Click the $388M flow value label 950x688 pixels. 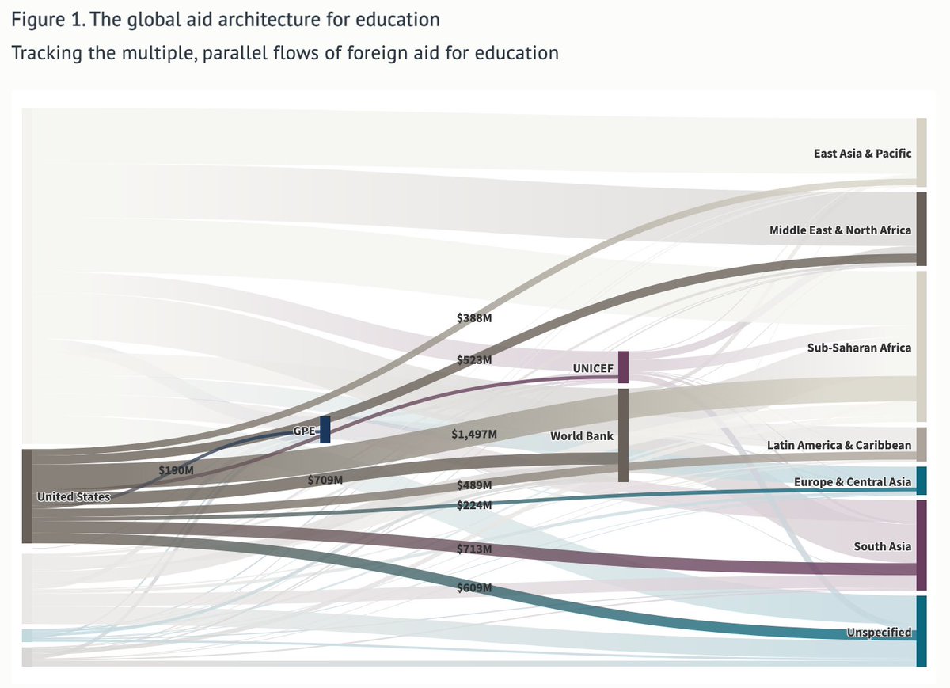point(474,317)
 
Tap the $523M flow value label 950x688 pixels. point(474,359)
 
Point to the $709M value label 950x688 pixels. point(325,480)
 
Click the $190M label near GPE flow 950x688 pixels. point(176,469)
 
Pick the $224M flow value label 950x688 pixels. point(474,505)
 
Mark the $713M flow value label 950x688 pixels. point(474,549)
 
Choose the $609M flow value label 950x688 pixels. point(474,587)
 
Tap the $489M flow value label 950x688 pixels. point(474,485)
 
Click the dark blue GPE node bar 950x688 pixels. point(325,429)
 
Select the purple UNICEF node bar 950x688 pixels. point(623,367)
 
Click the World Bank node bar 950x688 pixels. point(623,435)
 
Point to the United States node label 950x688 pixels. point(73,497)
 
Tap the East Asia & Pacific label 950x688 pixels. point(862,154)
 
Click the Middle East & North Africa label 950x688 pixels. point(840,230)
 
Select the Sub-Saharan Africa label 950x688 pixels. point(859,348)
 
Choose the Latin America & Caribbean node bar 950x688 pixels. point(921,444)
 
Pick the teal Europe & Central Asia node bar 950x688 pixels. point(921,481)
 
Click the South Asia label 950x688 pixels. point(882,546)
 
